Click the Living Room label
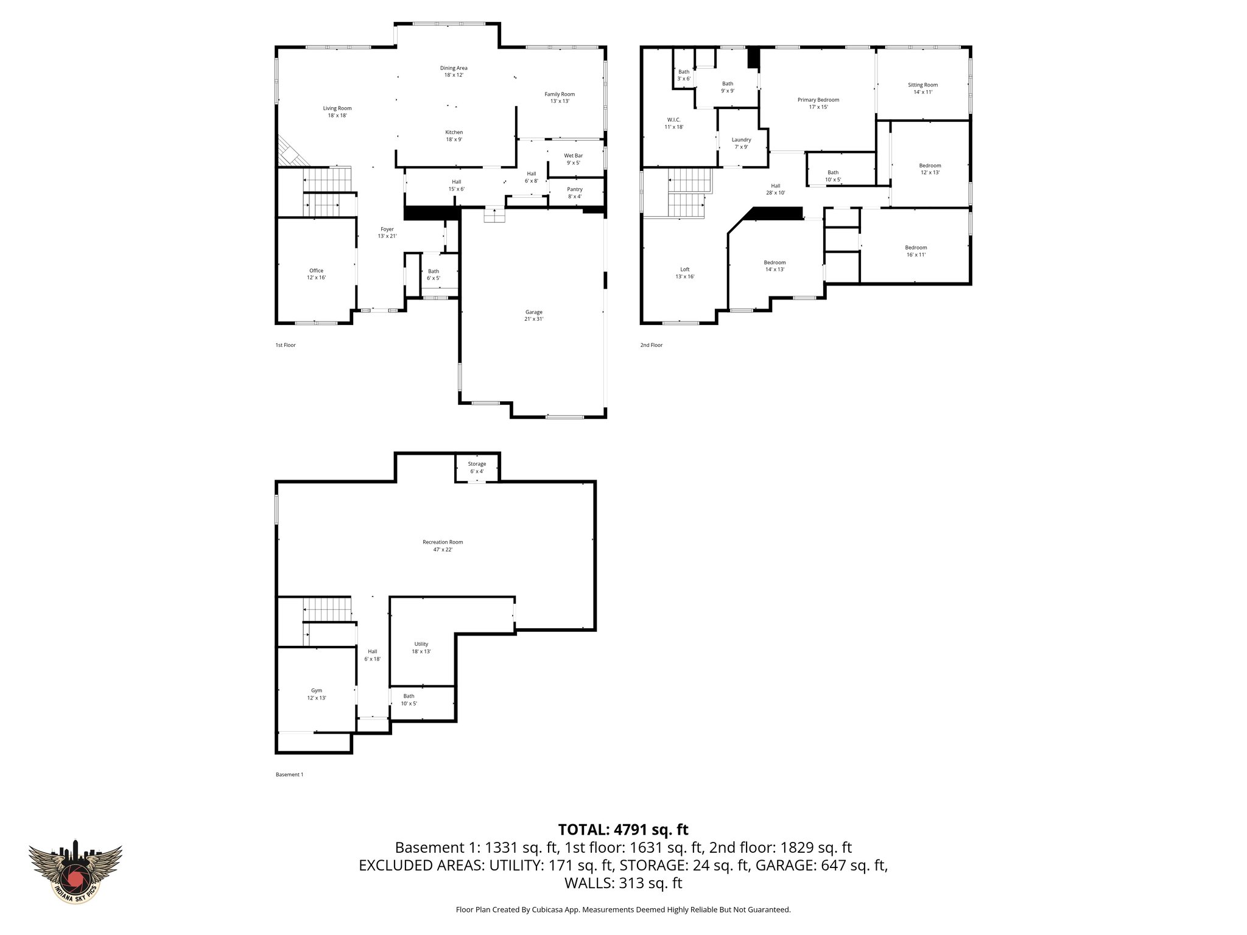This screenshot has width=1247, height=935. pyautogui.click(x=337, y=108)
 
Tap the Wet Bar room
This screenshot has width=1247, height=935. pyautogui.click(x=573, y=159)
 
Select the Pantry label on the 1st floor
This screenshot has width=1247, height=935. pyautogui.click(x=574, y=189)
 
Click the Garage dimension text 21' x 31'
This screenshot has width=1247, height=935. pyautogui.click(x=533, y=319)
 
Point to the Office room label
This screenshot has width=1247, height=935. pyautogui.click(x=316, y=271)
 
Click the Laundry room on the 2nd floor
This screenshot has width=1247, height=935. pyautogui.click(x=741, y=143)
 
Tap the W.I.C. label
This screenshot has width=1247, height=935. pyautogui.click(x=675, y=120)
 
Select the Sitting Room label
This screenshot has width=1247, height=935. pyautogui.click(x=922, y=85)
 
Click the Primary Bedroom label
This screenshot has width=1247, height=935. pyautogui.click(x=818, y=100)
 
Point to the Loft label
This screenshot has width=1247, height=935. pyautogui.click(x=685, y=270)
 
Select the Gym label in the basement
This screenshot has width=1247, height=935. pyautogui.click(x=316, y=690)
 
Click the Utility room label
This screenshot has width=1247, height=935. pyautogui.click(x=421, y=644)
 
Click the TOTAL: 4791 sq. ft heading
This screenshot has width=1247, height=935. pyautogui.click(x=623, y=830)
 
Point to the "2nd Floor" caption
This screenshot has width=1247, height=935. pyautogui.click(x=651, y=345)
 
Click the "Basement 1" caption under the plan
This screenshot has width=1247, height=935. pyautogui.click(x=289, y=774)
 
